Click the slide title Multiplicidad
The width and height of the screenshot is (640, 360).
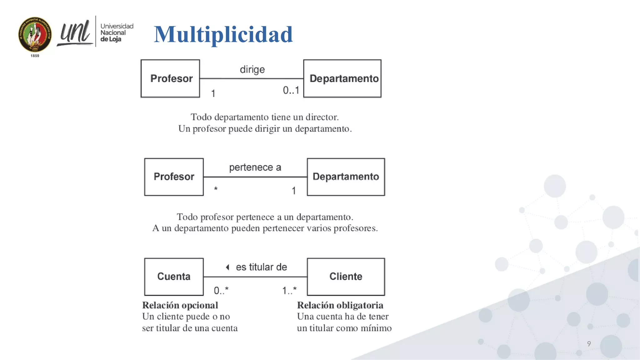(x=223, y=34)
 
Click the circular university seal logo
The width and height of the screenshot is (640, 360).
(x=35, y=34)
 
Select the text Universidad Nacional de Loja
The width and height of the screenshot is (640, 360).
(x=116, y=32)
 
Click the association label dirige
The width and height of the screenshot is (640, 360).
(x=252, y=69)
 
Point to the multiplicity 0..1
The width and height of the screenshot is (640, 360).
(x=291, y=90)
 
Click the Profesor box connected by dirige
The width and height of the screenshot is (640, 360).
(x=170, y=78)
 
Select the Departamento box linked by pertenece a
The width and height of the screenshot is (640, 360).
(x=346, y=177)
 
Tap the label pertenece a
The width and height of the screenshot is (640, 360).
(x=255, y=167)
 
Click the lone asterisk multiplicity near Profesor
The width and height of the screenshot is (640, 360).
(x=216, y=189)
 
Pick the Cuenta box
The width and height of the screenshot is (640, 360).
(x=174, y=277)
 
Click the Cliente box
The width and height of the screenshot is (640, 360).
(x=346, y=277)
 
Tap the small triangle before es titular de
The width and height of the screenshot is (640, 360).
(x=228, y=267)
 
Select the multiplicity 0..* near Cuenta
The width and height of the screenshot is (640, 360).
(x=221, y=291)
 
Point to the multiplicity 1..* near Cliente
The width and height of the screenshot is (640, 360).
(x=289, y=291)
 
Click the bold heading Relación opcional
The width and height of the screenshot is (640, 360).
(x=180, y=305)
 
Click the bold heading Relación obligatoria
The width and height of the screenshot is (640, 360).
(x=340, y=305)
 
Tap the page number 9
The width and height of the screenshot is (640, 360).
(x=589, y=344)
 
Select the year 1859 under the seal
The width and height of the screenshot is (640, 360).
(x=35, y=56)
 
